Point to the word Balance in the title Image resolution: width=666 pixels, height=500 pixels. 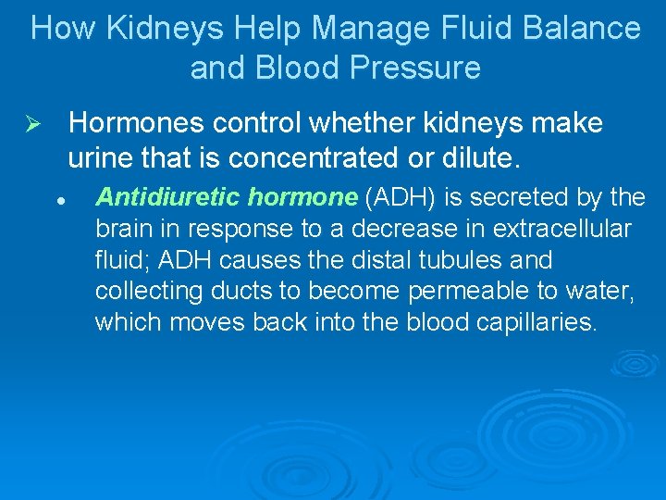585,28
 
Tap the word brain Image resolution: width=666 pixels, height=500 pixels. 121,228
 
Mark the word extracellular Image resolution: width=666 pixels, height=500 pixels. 573,228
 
